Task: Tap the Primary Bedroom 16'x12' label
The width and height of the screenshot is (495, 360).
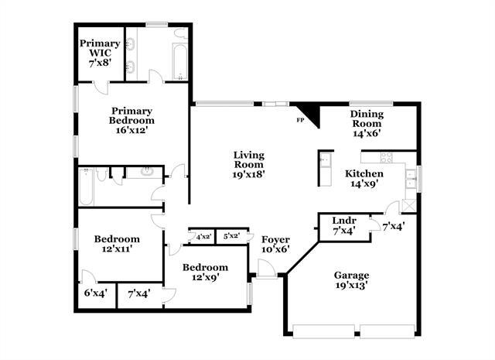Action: pos(131,120)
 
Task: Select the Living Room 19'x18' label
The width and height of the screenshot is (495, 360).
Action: pos(249,164)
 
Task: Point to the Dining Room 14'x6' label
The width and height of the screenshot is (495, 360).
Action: pos(367,122)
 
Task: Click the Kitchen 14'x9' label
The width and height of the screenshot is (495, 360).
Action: pos(364,179)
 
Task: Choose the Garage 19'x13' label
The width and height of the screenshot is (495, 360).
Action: pos(350,279)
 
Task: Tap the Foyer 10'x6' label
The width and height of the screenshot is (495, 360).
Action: pos(275,244)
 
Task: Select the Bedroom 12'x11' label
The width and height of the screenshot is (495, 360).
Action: pos(116,244)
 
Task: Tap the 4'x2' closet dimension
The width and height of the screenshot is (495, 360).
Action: pos(203,236)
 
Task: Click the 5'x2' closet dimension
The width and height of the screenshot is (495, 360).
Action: pos(230,236)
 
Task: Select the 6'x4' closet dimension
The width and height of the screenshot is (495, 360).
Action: pos(94,294)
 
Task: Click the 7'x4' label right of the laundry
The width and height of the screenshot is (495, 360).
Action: pos(393,226)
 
